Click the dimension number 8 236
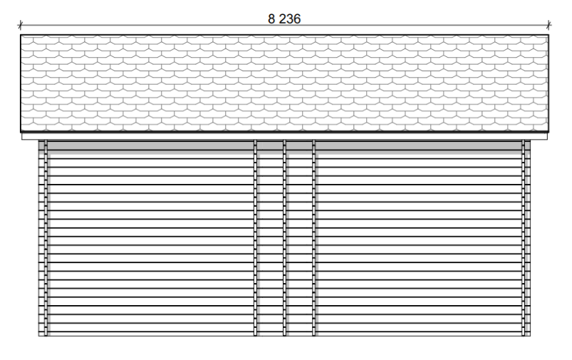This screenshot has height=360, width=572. [284, 19]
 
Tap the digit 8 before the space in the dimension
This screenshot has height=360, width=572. [271, 19]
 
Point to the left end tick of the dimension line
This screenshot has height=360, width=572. [21, 25]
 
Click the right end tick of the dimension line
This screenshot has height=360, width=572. [548, 25]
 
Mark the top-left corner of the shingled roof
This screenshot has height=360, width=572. [21, 35]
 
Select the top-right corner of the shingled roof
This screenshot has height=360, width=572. [548, 35]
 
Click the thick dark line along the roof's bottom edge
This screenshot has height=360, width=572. [284, 132]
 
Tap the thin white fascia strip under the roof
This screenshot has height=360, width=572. [284, 136]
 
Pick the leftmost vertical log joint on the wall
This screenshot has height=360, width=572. [46, 237]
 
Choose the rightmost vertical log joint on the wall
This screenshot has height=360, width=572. [523, 237]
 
